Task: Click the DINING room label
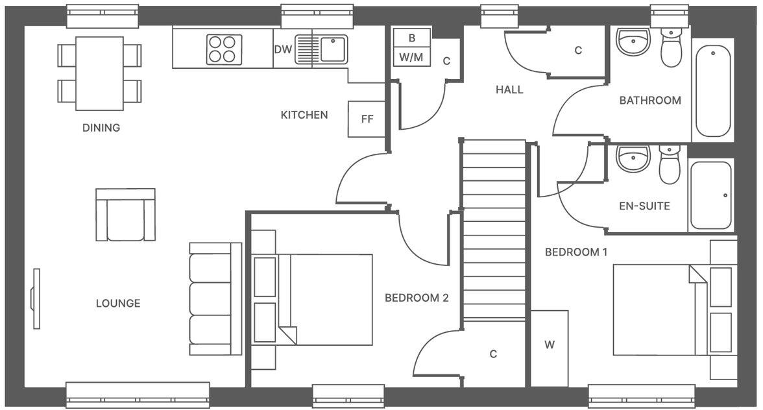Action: click(x=101, y=128)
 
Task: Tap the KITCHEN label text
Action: click(x=304, y=115)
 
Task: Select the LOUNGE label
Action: click(x=118, y=303)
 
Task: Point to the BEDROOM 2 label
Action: click(x=417, y=298)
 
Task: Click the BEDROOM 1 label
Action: click(x=576, y=252)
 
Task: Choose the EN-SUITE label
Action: click(x=644, y=206)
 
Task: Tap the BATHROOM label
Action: click(x=650, y=101)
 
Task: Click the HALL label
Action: click(x=509, y=90)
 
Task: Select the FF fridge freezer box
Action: click(x=367, y=119)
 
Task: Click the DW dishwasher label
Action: click(x=282, y=49)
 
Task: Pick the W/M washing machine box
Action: click(x=411, y=57)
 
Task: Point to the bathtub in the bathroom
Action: click(x=713, y=91)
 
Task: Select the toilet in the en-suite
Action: click(x=670, y=166)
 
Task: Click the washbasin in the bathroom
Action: click(x=633, y=43)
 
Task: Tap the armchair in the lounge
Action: click(x=125, y=215)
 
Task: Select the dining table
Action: click(x=99, y=73)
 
